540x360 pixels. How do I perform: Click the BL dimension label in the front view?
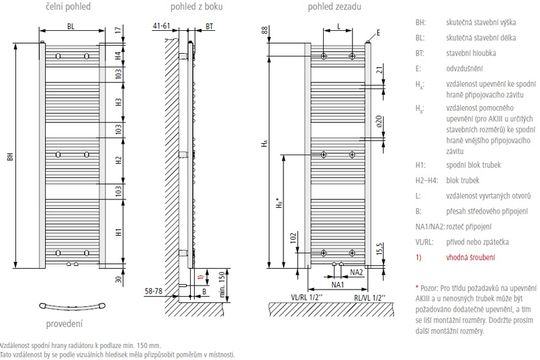(x=71, y=26)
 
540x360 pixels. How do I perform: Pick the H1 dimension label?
(x=118, y=232)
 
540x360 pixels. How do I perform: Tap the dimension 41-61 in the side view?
(x=162, y=26)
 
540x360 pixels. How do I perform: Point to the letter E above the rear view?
(x=378, y=32)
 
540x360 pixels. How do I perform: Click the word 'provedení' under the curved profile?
(x=64, y=323)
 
